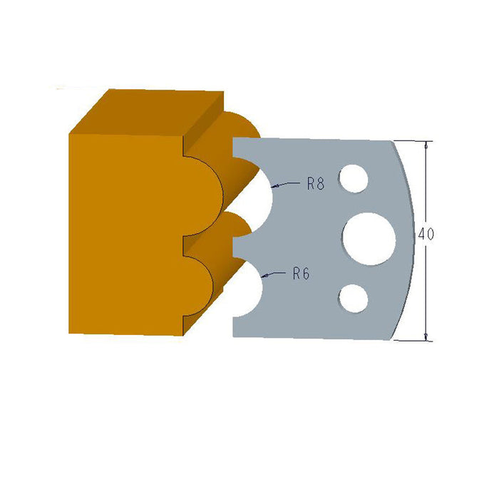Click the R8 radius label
[x=316, y=184]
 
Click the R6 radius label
[x=300, y=274]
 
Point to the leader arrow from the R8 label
[x=285, y=185]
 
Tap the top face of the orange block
[x=146, y=110]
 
